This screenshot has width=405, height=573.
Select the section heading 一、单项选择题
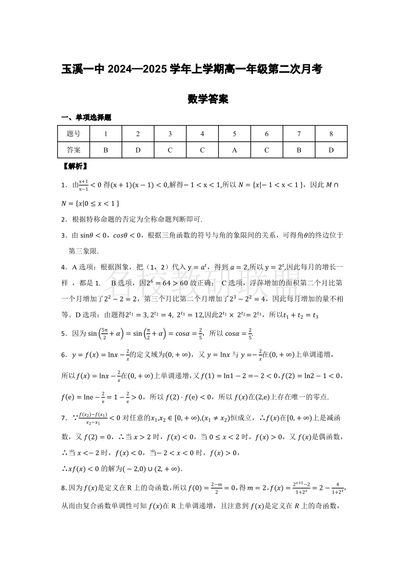click(x=86, y=117)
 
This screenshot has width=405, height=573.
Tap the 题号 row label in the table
click(x=73, y=134)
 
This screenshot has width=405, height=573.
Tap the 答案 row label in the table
click(x=73, y=150)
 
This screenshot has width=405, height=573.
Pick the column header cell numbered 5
click(x=234, y=134)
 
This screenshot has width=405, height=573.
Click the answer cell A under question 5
click(x=234, y=150)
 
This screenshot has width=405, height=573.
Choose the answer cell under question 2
click(x=138, y=150)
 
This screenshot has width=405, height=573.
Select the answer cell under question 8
click(x=331, y=150)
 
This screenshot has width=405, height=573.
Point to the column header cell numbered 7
click(x=299, y=134)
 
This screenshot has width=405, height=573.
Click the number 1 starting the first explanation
click(x=63, y=185)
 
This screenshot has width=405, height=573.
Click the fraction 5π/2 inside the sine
click(x=105, y=333)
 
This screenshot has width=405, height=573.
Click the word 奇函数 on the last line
click(x=326, y=506)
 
